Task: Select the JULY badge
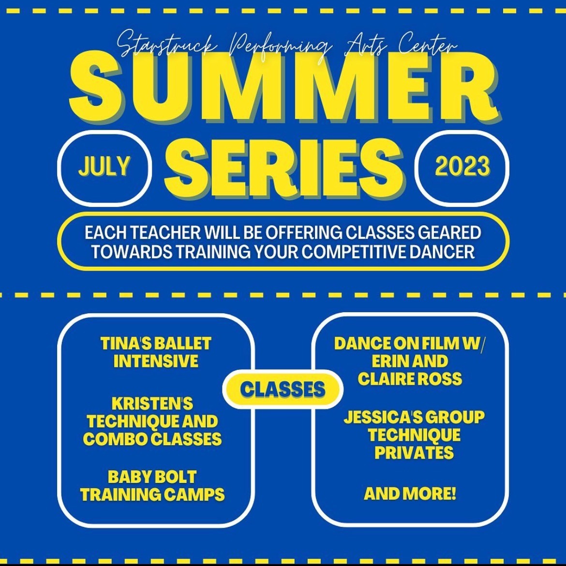(x=104, y=168)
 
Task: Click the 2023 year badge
(x=462, y=168)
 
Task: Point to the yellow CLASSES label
(x=283, y=390)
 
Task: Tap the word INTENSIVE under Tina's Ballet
(x=156, y=361)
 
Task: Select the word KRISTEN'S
(x=152, y=404)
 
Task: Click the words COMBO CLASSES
(x=152, y=439)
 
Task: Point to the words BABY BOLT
(x=152, y=477)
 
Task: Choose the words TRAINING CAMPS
(x=152, y=494)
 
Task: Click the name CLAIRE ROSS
(x=410, y=378)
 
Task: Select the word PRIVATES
(x=414, y=453)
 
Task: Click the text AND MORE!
(x=410, y=493)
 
